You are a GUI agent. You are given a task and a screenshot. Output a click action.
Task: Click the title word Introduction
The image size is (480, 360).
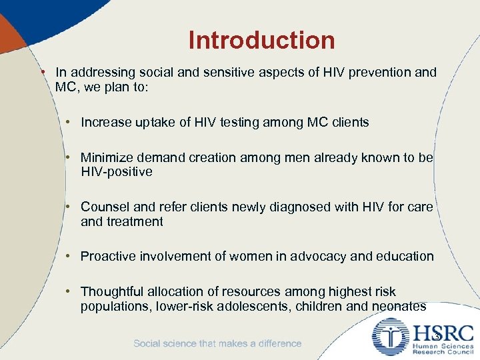[x=261, y=40]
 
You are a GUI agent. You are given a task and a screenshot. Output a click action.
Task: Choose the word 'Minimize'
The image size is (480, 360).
[x=106, y=158]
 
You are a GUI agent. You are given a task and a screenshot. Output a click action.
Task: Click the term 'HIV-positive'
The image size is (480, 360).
[x=117, y=172]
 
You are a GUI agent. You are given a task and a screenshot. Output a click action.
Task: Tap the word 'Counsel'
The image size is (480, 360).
[x=103, y=207]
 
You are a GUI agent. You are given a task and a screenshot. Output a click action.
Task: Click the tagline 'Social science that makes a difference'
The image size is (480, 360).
[x=217, y=343]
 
